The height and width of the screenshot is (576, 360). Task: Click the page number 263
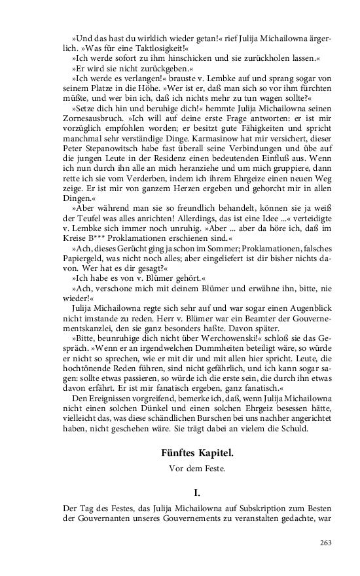[326, 542]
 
